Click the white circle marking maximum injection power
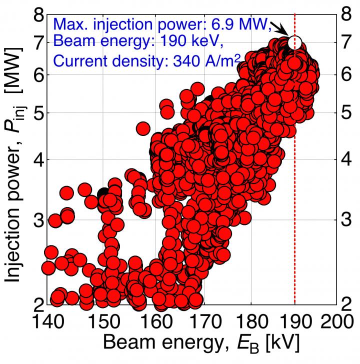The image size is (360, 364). point(295,42)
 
